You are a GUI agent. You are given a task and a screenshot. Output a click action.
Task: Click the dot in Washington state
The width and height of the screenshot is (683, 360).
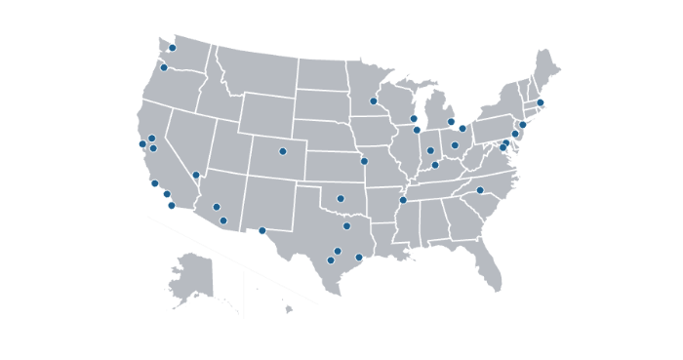(x=173, y=48)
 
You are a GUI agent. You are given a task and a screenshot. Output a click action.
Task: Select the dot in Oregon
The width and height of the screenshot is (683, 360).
(x=164, y=67)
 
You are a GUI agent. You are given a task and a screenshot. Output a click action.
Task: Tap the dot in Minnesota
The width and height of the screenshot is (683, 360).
(x=374, y=100)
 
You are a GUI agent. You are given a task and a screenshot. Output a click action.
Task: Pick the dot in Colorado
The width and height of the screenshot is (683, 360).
(x=283, y=151)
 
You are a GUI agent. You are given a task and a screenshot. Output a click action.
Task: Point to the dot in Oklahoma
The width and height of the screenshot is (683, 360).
(x=341, y=199)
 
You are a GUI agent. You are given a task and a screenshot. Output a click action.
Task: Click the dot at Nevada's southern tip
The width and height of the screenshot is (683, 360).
(x=196, y=176)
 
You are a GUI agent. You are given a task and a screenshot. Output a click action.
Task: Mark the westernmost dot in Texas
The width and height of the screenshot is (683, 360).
(x=262, y=231)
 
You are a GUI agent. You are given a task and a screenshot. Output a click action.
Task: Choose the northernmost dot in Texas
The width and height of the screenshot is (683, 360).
(x=346, y=226)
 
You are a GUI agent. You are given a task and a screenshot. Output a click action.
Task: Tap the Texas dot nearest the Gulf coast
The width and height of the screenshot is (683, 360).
(x=359, y=258)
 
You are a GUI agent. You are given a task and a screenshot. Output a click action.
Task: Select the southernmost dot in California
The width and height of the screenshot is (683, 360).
(x=172, y=206)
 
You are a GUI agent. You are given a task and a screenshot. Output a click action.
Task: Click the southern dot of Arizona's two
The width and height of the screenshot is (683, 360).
(x=223, y=220)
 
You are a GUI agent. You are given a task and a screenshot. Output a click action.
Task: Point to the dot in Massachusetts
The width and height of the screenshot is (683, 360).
(x=540, y=102)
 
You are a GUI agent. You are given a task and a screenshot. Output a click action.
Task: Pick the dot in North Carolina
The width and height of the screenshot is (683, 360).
(x=480, y=190)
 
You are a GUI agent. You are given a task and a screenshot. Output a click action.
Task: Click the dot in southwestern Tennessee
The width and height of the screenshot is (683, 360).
(x=403, y=200)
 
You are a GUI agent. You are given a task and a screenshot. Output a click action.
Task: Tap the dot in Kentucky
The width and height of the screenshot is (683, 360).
(x=435, y=165)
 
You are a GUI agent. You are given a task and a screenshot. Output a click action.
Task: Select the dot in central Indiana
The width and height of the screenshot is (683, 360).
(x=430, y=150)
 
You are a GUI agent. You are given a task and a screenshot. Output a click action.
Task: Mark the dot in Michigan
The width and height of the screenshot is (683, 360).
(x=451, y=122)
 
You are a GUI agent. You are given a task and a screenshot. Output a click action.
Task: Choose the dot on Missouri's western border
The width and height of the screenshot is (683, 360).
(x=364, y=161)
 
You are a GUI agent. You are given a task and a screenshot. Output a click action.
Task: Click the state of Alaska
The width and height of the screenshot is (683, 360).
(x=191, y=278)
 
